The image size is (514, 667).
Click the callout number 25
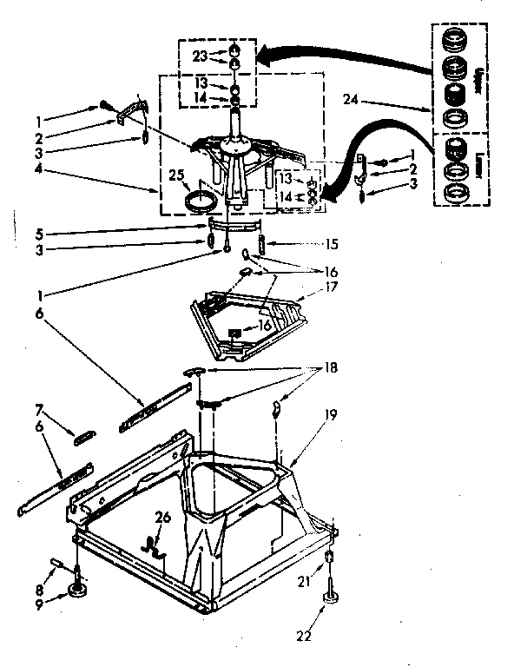[x=178, y=176]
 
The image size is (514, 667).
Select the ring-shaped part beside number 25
[x=201, y=202]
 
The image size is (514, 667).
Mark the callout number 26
[x=161, y=518]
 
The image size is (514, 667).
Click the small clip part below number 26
[x=155, y=544]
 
